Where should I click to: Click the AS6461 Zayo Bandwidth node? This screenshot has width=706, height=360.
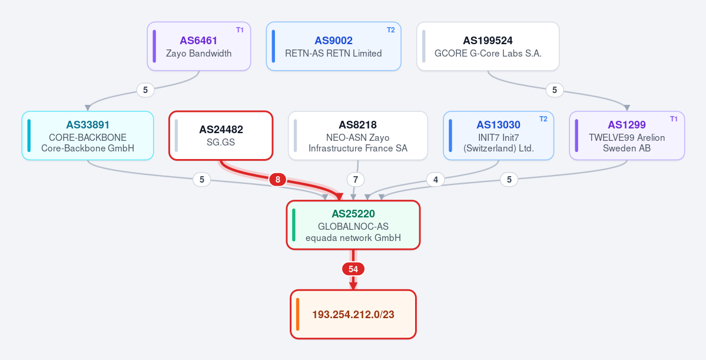[x=198, y=47]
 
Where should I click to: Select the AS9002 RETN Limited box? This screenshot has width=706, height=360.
[x=334, y=47]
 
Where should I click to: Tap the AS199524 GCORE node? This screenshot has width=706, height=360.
[x=488, y=47]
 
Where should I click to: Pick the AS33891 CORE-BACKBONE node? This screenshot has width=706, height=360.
[x=88, y=136]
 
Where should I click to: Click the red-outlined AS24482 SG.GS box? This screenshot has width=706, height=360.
[x=221, y=136]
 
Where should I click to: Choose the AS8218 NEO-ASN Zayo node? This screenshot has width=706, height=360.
[x=358, y=136]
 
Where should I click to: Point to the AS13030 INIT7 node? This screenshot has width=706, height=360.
[x=498, y=136]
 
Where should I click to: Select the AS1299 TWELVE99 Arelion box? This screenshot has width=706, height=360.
[x=627, y=136]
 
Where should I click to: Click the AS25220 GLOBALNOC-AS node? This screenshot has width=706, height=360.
[x=353, y=225]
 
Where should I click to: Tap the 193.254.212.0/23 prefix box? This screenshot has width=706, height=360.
[x=353, y=315]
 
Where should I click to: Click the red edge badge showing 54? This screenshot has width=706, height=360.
[x=353, y=269]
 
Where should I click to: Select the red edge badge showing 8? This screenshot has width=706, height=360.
[x=278, y=180]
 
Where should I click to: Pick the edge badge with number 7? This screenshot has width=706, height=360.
[x=356, y=180]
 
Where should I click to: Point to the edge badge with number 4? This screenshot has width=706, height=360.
[x=435, y=180]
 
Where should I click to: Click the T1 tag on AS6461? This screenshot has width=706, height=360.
[x=240, y=30]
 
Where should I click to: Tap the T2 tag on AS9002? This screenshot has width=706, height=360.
[x=391, y=30]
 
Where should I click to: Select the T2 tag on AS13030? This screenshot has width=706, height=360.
[x=543, y=119]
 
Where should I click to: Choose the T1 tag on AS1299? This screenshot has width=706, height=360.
[x=674, y=119]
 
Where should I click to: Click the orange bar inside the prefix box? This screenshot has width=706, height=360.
[x=298, y=315]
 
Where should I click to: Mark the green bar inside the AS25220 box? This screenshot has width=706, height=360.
[x=294, y=225]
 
